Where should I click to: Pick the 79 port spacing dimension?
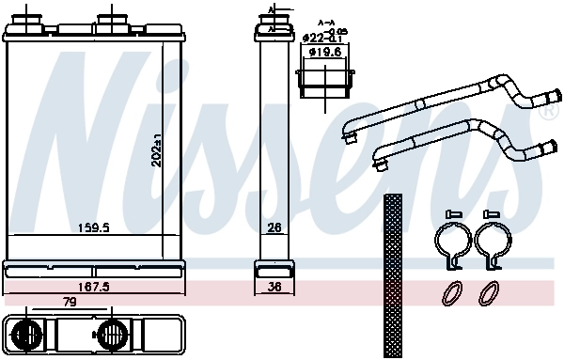coord(70,303)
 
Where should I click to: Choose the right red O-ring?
coord(490,294)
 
